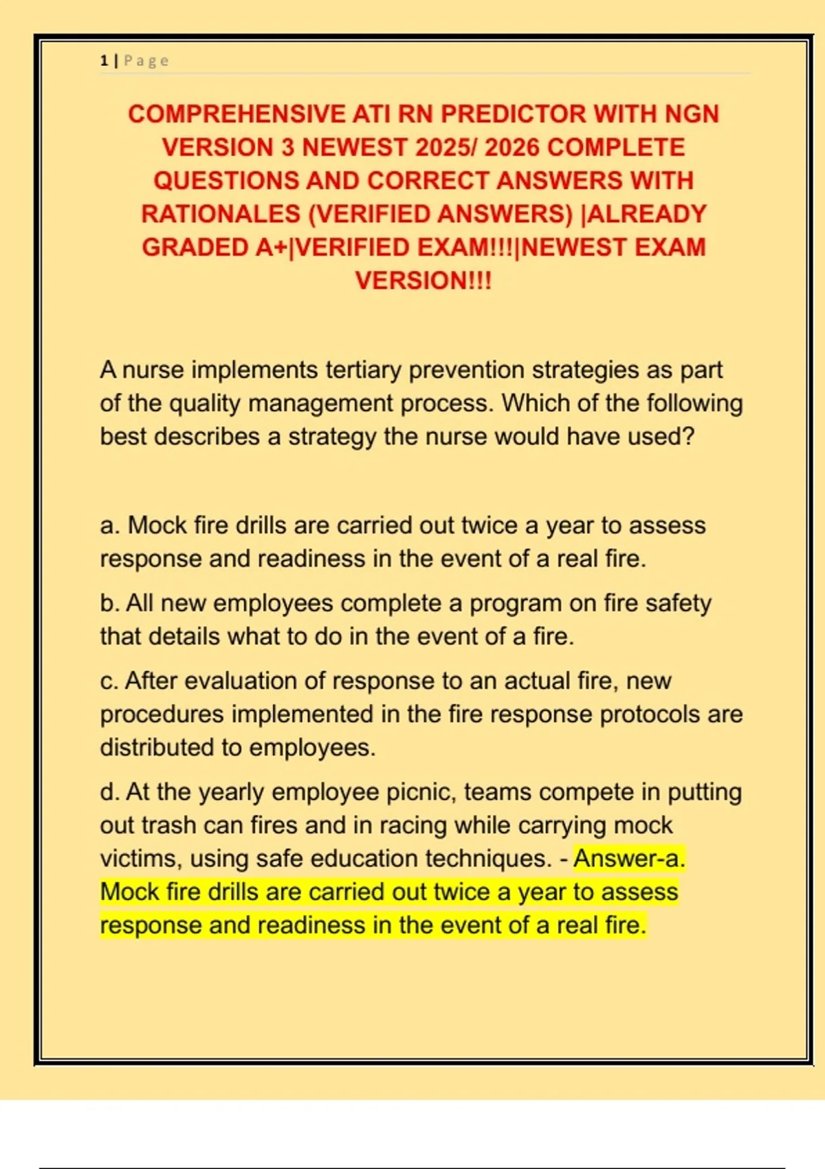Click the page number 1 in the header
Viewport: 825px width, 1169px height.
click(104, 61)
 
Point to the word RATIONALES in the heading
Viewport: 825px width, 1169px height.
click(221, 214)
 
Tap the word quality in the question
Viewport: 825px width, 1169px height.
click(204, 404)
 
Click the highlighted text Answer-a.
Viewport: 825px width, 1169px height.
click(629, 859)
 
